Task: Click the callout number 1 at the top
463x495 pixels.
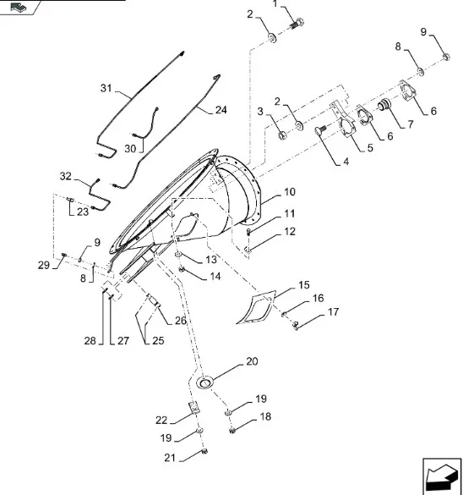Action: point(275,3)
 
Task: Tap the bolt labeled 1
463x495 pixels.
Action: point(297,24)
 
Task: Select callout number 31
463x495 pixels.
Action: point(106,88)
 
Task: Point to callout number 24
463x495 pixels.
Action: point(221,110)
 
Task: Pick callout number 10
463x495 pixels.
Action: point(290,192)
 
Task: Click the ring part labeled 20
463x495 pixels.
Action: point(204,382)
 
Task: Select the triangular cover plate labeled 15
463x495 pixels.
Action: point(257,307)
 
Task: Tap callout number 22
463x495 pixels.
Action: point(161,421)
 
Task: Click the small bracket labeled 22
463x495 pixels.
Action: point(194,407)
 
